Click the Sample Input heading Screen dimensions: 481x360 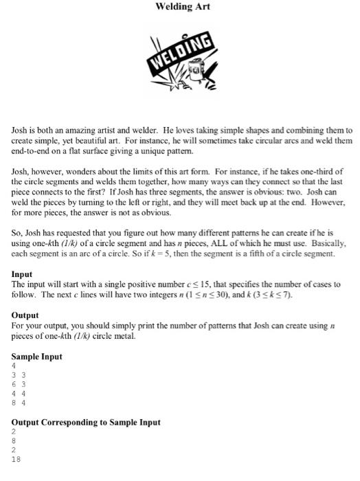37,357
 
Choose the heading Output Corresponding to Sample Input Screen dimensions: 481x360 86,422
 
